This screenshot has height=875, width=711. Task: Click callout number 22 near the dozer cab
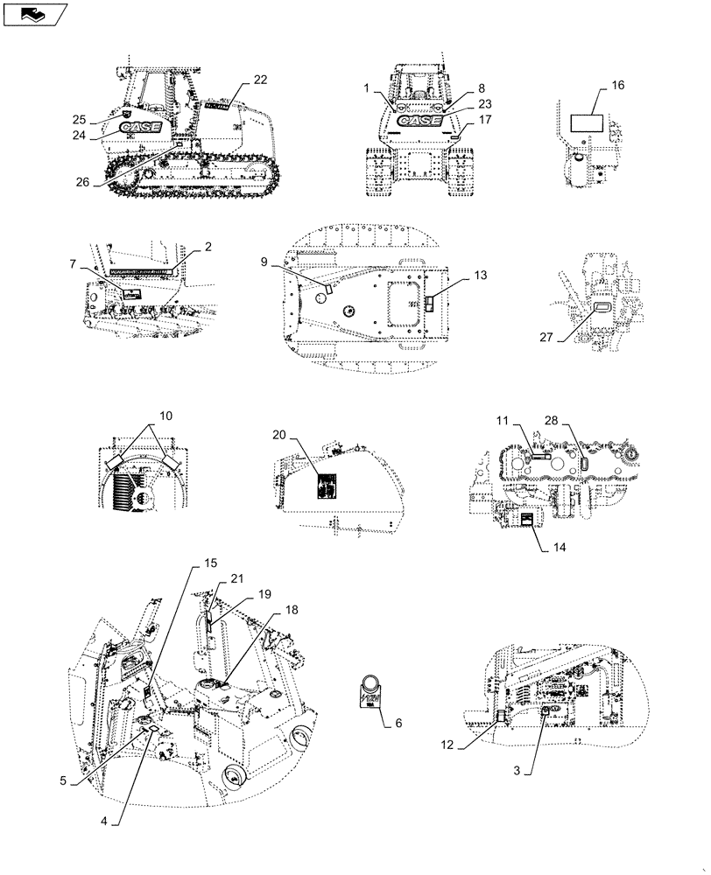pos(260,80)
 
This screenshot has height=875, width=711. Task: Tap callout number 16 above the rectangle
pos(617,86)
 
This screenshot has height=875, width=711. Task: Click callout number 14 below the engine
pos(560,547)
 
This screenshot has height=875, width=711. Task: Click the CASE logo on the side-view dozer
pos(140,128)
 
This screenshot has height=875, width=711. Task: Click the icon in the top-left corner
pos(34,14)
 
